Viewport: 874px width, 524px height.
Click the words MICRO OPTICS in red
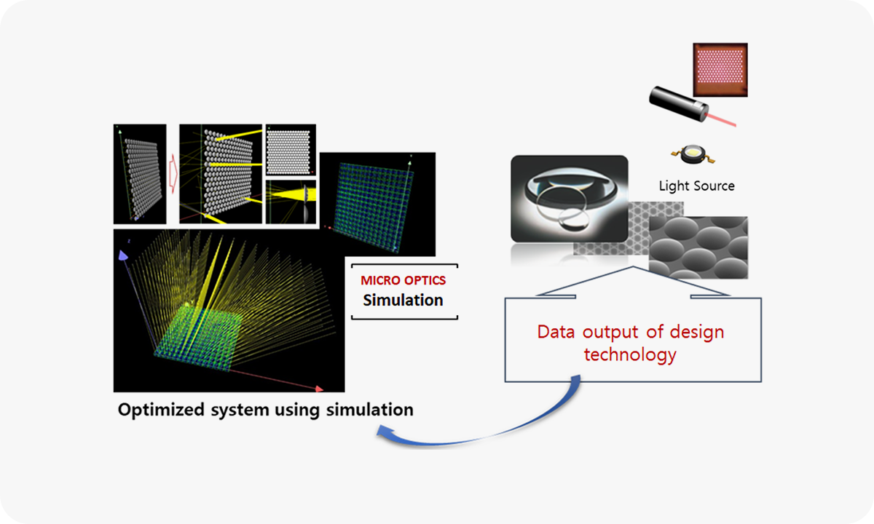pos(403,280)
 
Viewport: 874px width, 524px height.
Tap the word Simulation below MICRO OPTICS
pos(403,300)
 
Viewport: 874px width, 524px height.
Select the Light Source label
pos(696,186)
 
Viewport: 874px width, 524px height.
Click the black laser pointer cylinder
pos(677,102)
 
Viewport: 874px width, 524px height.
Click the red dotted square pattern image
pos(720,70)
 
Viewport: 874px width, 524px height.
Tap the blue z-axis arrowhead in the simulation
pos(123,254)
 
